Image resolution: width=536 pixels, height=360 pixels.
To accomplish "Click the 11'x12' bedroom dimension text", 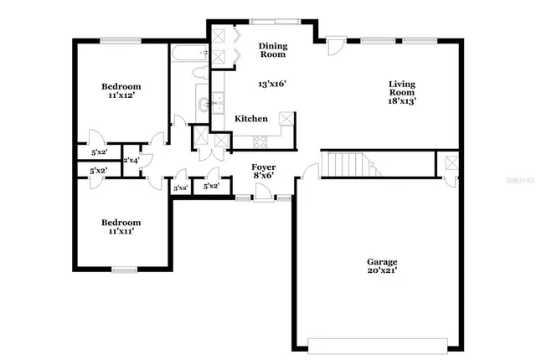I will click(x=121, y=97).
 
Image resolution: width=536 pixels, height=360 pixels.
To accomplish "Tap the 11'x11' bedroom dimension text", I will click(x=121, y=233).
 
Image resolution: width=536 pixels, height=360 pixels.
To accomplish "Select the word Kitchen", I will click(x=250, y=119).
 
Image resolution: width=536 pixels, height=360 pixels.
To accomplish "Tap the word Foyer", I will click(x=264, y=167).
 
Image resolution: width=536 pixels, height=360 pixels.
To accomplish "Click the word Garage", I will click(x=381, y=261).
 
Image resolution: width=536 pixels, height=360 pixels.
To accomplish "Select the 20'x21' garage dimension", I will click(x=381, y=272).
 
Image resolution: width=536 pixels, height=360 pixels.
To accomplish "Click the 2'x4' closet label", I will click(x=131, y=160).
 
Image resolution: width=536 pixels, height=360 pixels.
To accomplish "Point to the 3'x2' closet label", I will click(x=180, y=188).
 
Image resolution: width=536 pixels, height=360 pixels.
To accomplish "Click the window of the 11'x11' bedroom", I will click(x=125, y=269).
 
